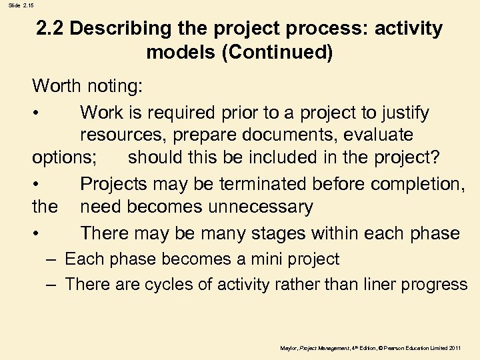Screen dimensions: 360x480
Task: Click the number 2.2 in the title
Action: coord(50,29)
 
